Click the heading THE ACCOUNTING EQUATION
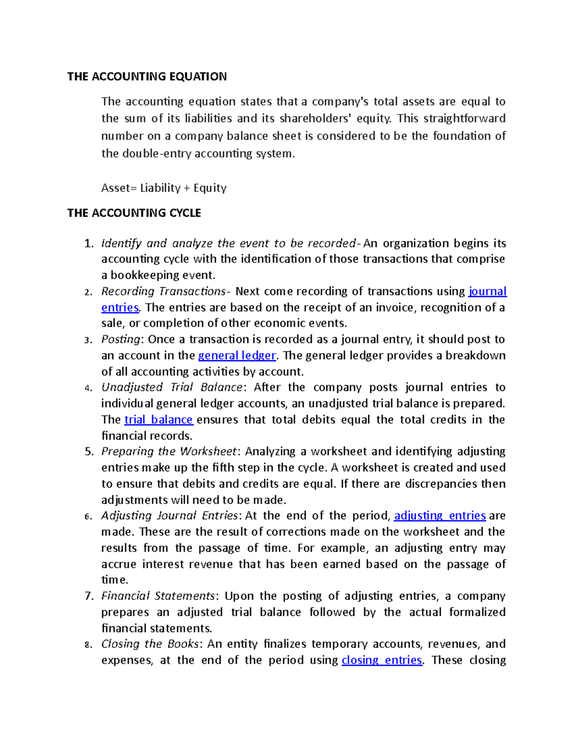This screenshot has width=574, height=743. click(147, 77)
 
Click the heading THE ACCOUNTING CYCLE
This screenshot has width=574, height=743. click(134, 213)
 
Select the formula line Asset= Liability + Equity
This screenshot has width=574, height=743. click(164, 188)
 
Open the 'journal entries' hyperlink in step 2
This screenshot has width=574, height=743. click(487, 291)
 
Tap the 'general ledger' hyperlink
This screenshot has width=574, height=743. click(237, 355)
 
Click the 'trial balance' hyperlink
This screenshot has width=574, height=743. click(158, 420)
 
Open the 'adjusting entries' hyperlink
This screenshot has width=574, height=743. click(440, 516)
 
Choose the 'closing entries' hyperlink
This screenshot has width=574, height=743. click(382, 660)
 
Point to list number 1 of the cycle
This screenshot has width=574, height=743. click(88, 244)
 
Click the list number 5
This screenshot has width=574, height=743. click(88, 452)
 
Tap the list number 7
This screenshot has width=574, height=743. click(88, 596)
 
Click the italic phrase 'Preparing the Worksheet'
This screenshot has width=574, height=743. click(169, 452)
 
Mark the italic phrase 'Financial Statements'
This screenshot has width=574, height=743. click(158, 596)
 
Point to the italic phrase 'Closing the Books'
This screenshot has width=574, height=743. click(150, 644)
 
